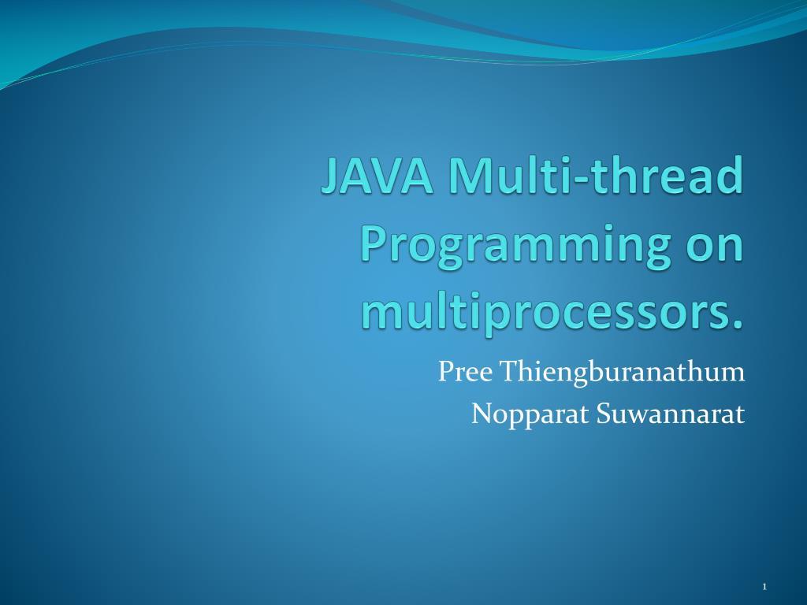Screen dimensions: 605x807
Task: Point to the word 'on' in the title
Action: pyautogui.click(x=714, y=246)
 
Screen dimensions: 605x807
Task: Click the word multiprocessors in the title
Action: pyautogui.click(x=544, y=314)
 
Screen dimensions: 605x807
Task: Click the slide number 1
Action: pyautogui.click(x=764, y=586)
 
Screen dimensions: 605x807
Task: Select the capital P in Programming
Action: pyautogui.click(x=374, y=246)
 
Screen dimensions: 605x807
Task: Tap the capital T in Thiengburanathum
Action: pyautogui.click(x=502, y=371)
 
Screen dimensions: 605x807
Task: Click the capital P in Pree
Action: pyautogui.click(x=445, y=371)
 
